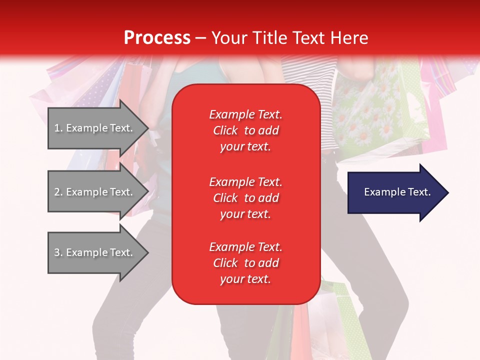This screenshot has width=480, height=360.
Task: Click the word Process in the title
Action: click(157, 38)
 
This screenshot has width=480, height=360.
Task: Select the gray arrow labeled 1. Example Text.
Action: click(95, 128)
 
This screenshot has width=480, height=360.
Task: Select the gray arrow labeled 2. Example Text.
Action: click(95, 192)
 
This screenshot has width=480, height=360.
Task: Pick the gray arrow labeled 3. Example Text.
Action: click(95, 252)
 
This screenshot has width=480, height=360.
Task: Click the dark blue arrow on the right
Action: click(395, 192)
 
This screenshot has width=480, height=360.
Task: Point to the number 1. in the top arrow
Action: click(58, 128)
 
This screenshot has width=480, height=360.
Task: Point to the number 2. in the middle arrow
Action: click(58, 192)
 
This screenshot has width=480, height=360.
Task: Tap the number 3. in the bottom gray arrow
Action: click(58, 252)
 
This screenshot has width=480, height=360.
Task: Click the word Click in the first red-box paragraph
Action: click(225, 130)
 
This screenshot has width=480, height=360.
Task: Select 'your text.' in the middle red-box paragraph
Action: click(245, 214)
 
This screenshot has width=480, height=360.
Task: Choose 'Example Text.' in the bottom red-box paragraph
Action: click(245, 247)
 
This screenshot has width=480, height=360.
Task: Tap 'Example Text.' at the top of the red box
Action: click(245, 114)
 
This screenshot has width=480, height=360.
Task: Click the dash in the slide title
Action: click(201, 38)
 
